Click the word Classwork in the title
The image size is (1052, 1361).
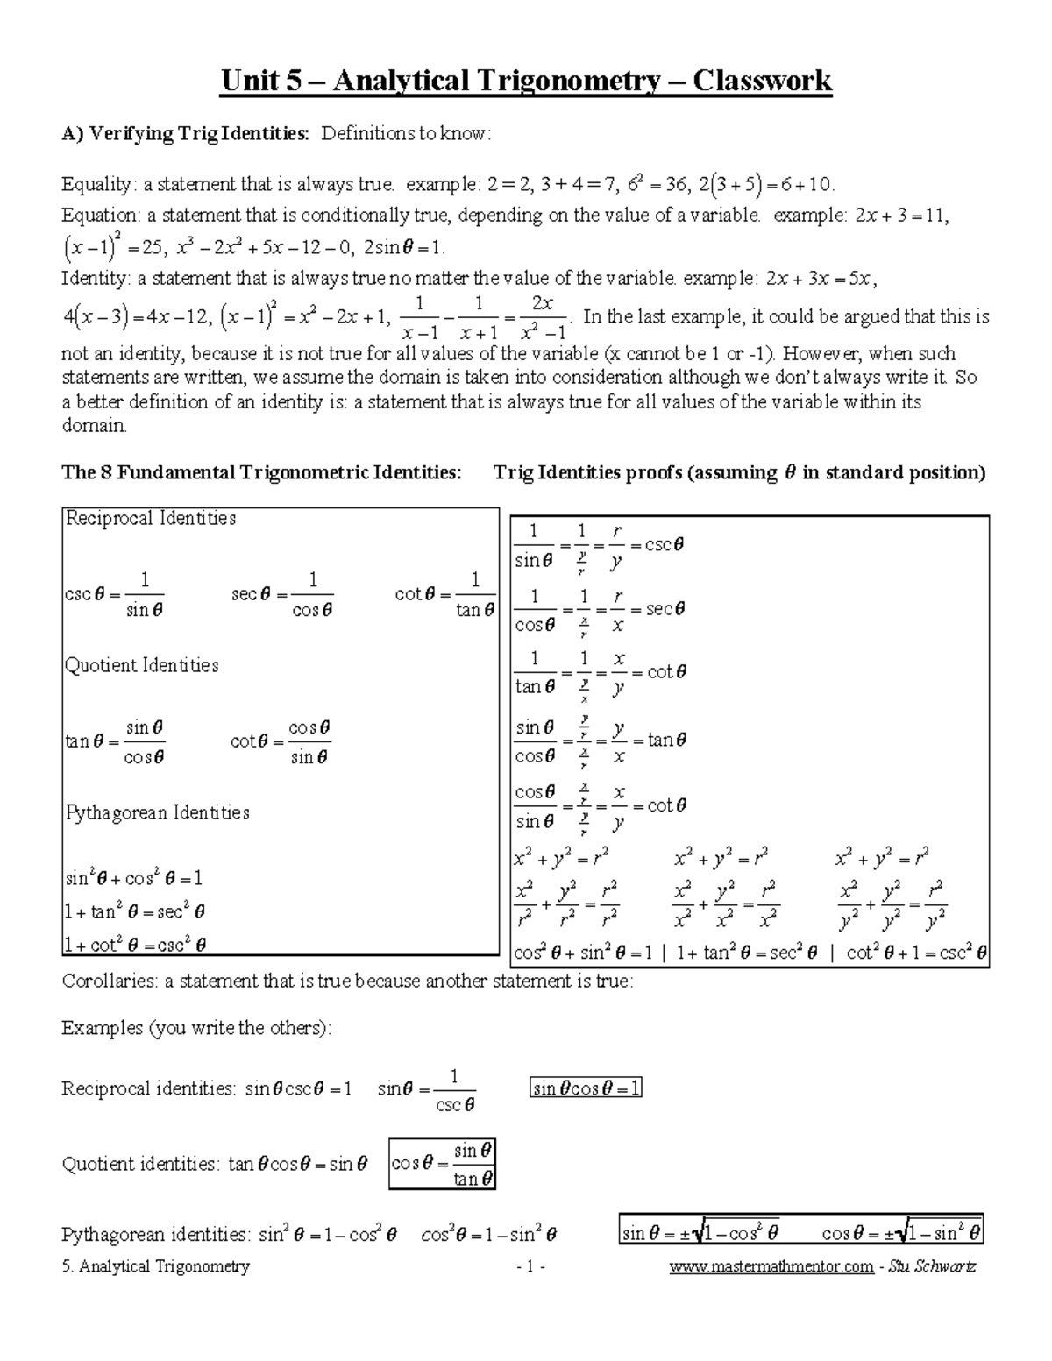click(x=762, y=81)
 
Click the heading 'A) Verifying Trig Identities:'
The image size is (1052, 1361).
click(x=185, y=134)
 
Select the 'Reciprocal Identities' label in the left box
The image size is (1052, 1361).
click(x=151, y=518)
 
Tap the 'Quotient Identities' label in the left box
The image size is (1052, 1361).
click(x=142, y=665)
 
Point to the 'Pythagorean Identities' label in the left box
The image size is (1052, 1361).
click(x=158, y=812)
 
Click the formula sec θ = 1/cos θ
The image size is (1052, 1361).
click(x=282, y=595)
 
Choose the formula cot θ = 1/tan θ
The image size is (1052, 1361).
click(x=445, y=595)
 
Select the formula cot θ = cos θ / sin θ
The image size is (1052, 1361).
click(x=281, y=741)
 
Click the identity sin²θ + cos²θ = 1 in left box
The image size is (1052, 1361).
click(x=134, y=878)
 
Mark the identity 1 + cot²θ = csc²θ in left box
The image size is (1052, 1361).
click(x=136, y=944)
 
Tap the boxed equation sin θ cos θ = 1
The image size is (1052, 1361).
click(x=586, y=1088)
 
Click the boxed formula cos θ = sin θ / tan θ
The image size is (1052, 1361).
click(x=443, y=1164)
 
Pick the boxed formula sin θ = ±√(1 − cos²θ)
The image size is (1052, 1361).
click(x=700, y=1233)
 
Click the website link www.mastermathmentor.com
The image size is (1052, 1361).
click(x=771, y=1266)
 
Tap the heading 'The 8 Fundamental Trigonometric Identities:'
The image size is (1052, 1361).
click(x=261, y=473)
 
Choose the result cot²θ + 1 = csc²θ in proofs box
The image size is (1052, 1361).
click(x=917, y=952)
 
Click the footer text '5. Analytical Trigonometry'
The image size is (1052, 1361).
click(x=156, y=1266)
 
